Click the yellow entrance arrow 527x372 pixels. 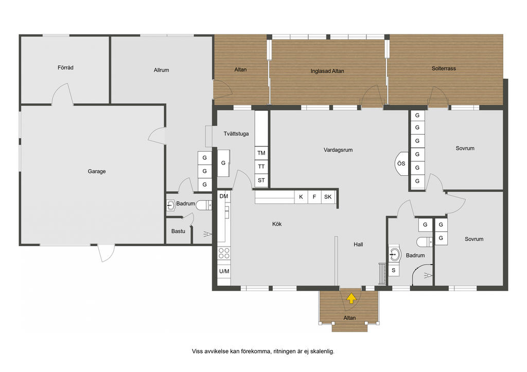pos(351,298)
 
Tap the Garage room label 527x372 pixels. pos(97,172)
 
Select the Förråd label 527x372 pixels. pos(65,67)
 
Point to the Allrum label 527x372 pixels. pos(161,70)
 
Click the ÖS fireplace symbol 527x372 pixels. pos(401,163)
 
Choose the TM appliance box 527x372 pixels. pos(261,153)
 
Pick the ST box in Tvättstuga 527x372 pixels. pos(261,180)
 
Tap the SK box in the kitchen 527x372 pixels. pos(328,197)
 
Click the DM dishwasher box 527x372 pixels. pos(224,196)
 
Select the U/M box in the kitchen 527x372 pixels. pos(224,271)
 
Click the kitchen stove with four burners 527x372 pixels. pos(224,253)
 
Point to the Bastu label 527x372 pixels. pos(178,231)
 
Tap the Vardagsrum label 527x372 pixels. pos(338,150)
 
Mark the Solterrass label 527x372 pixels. pos(444,68)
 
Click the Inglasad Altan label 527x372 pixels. pos(327,71)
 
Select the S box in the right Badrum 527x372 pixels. pos(394,270)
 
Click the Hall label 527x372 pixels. pos(358,245)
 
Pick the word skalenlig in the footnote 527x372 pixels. pos(322,351)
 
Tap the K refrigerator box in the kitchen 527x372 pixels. pos(301,197)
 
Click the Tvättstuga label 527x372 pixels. pos(236,134)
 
